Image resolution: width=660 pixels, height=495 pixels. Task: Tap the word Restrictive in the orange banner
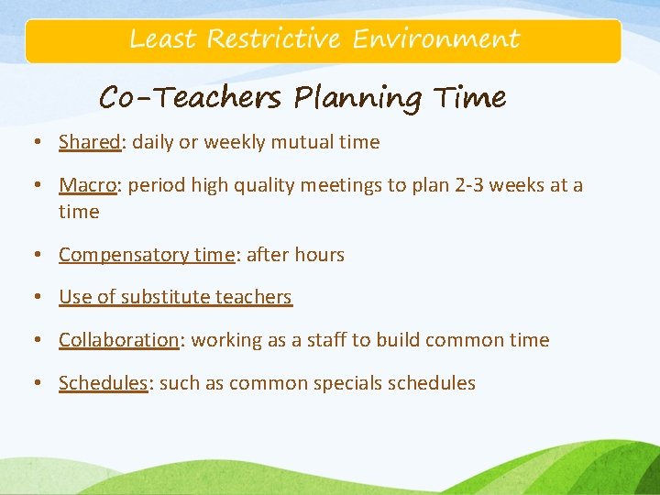click(274, 39)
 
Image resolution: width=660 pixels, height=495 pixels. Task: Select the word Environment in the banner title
click(436, 39)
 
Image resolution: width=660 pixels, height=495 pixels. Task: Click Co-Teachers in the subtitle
click(190, 97)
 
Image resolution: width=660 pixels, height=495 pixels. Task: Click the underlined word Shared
click(90, 142)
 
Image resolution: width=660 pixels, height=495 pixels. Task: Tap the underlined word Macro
click(88, 185)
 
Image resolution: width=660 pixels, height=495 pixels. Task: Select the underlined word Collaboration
click(118, 340)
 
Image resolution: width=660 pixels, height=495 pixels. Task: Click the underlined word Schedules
click(103, 383)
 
